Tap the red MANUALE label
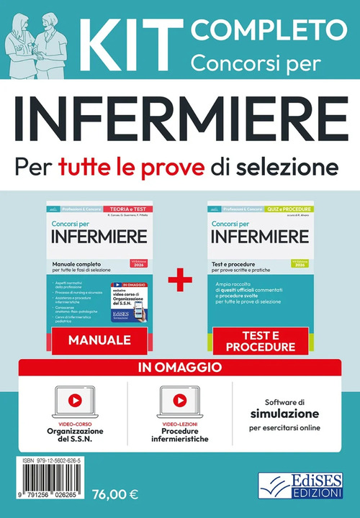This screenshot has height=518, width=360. click(x=99, y=340)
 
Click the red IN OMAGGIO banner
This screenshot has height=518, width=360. click(x=180, y=368)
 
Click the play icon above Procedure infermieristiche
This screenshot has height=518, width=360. click(x=179, y=399)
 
